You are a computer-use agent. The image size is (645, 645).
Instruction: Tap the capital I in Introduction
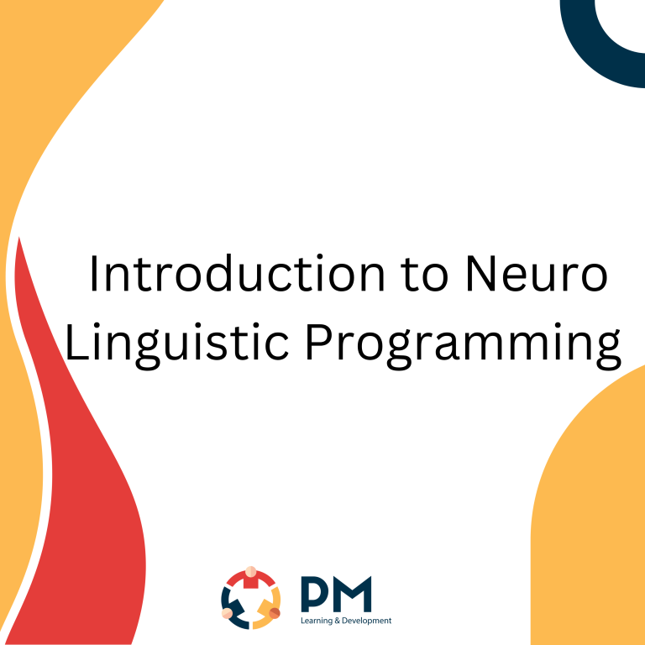pos(94,274)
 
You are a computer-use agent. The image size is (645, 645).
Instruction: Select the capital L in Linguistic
pos(75,343)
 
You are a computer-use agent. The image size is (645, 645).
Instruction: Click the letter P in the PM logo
pos(313,595)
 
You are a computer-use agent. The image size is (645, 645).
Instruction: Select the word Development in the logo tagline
pos(369,621)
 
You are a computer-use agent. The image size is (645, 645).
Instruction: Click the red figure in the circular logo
pos(250,579)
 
